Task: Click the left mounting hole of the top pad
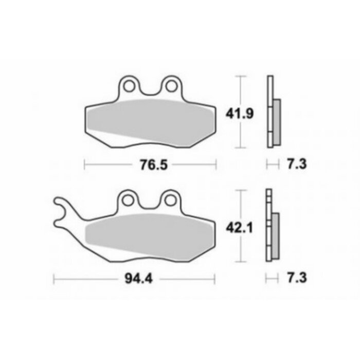coord(129,84)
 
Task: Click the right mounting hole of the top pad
coord(171,84)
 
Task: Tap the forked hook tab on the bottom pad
coord(63,211)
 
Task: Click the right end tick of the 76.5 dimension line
coord(217,165)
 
